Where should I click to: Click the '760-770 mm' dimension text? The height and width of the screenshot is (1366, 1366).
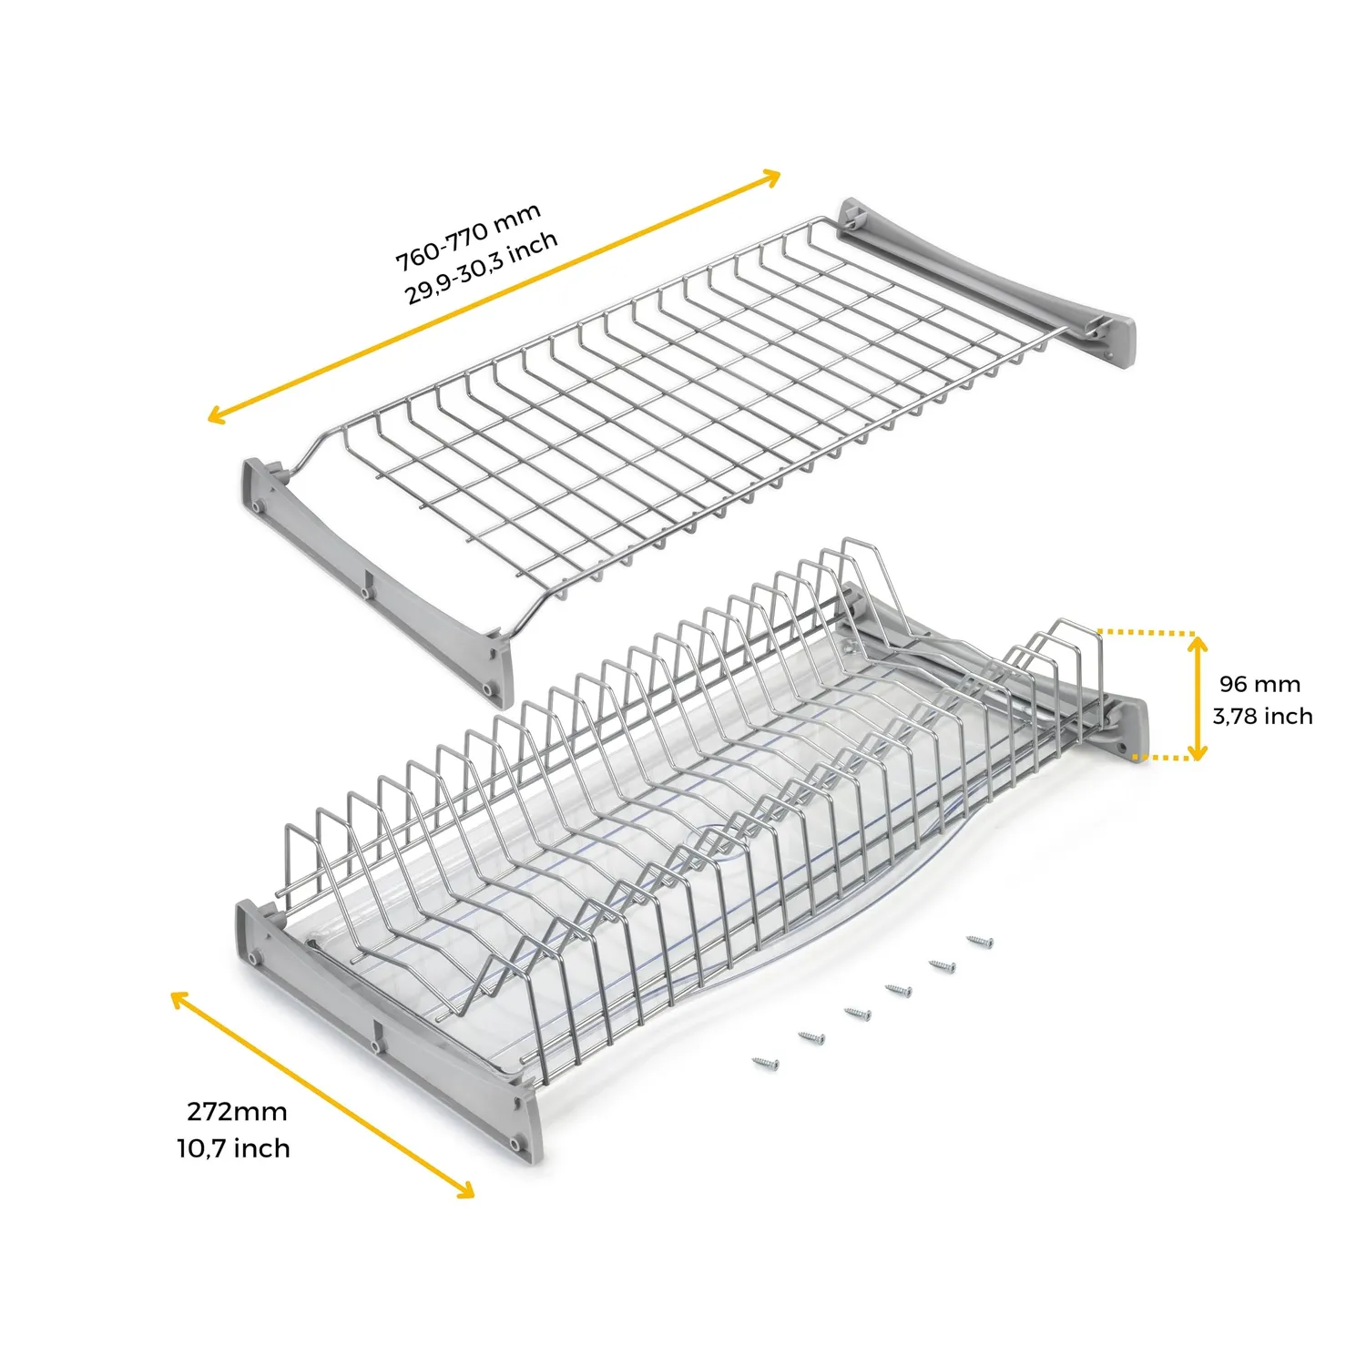point(468,236)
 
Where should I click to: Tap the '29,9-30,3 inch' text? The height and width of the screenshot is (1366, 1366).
point(482,268)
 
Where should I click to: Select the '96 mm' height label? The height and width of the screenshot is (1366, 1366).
point(1260,684)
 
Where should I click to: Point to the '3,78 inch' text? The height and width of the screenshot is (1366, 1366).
point(1262,716)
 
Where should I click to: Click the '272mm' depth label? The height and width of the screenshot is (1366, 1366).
point(237,1112)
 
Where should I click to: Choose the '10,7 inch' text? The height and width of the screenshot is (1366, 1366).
point(234,1148)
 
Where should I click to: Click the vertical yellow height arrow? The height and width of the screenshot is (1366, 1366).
point(1198,698)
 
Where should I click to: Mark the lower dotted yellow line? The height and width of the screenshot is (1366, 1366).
point(1162,758)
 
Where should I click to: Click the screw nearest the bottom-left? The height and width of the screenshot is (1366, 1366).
point(766,1063)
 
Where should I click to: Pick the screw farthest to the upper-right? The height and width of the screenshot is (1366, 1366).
point(980,941)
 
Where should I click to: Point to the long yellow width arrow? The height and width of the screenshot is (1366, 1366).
point(494,296)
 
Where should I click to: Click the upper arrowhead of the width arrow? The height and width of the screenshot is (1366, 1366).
point(770,177)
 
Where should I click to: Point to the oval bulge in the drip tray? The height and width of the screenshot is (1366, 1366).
point(728,843)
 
